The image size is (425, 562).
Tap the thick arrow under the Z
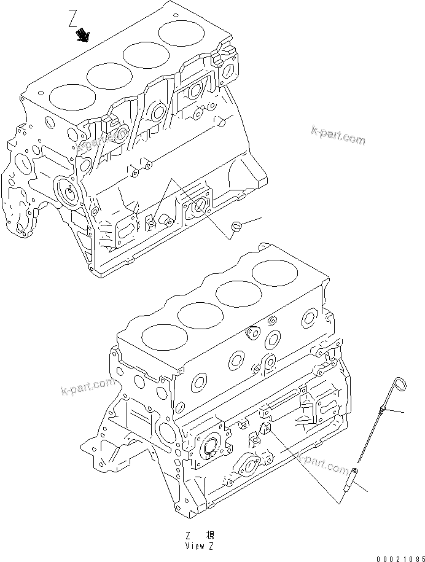point(82,37)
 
